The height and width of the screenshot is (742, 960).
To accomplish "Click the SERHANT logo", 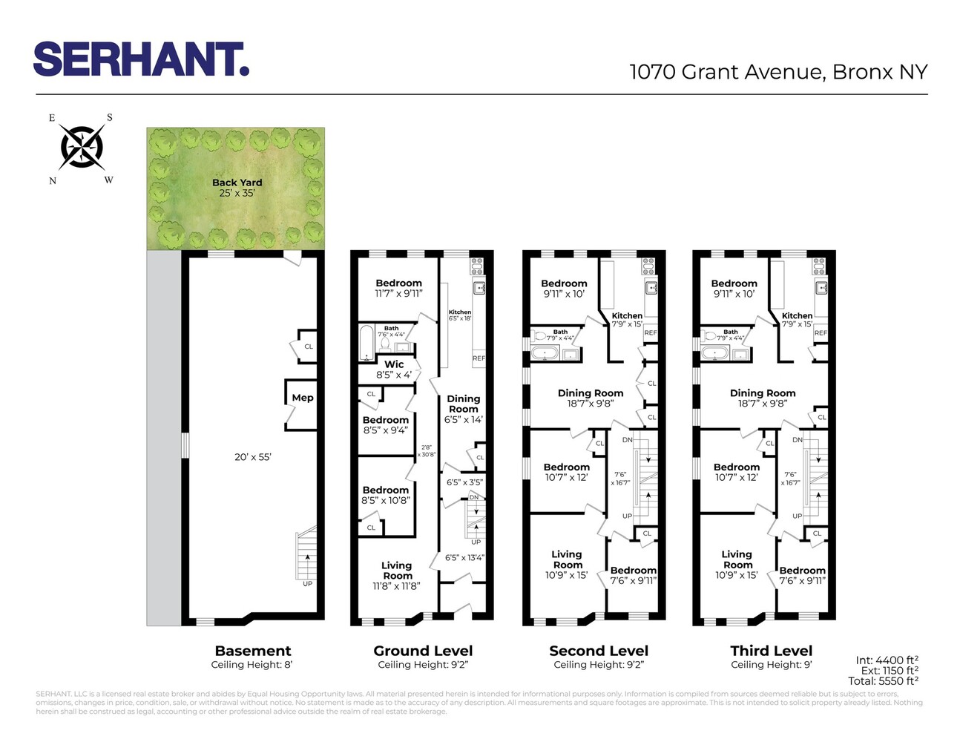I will click(x=141, y=59).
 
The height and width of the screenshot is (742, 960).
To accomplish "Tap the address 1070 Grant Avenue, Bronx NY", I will click(x=778, y=72).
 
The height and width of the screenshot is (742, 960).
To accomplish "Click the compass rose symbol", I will click(x=82, y=147).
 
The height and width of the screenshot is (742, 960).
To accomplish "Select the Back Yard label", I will click(x=237, y=183).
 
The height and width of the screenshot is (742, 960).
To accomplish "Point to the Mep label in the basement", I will click(x=303, y=398).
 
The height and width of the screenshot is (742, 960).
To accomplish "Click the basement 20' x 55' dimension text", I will click(x=253, y=457).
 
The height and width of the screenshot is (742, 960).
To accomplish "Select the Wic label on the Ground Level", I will click(x=394, y=364).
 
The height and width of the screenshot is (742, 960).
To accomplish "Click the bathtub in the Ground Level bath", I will click(x=366, y=344).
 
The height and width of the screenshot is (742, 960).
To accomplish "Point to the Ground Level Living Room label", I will click(x=397, y=571).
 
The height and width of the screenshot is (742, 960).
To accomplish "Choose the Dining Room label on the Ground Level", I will click(x=464, y=404).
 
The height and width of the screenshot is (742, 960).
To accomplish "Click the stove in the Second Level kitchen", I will click(x=648, y=264).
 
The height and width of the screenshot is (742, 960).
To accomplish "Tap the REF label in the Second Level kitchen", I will click(x=651, y=333).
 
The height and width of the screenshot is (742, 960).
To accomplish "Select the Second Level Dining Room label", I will click(x=591, y=393).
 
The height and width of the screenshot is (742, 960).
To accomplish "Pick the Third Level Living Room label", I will click(x=737, y=559).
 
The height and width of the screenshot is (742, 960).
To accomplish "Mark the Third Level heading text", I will click(x=771, y=651).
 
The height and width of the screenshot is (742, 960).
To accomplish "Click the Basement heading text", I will click(x=253, y=651).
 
